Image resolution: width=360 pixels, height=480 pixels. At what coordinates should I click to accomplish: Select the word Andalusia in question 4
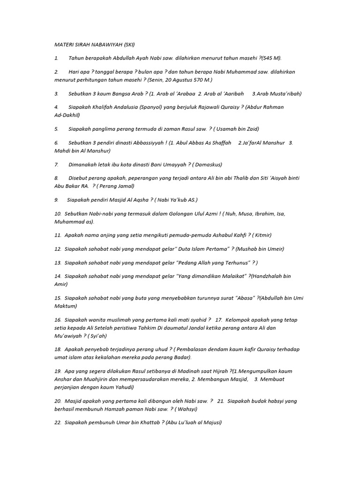tap(123, 107)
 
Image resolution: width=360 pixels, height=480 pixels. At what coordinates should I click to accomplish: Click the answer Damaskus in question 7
tap(208, 165)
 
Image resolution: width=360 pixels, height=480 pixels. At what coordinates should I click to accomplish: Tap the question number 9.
tap(56, 199)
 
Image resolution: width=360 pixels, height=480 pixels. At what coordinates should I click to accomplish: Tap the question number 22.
tap(58, 423)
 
